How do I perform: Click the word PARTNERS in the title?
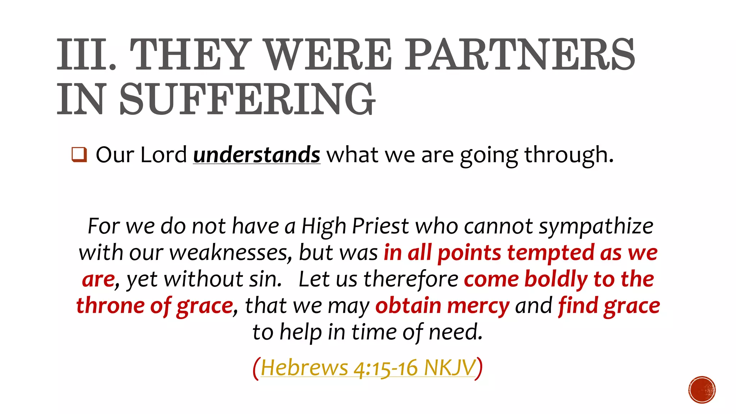520,55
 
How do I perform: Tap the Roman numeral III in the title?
86,55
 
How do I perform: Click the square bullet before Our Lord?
79,155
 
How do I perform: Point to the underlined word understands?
256,155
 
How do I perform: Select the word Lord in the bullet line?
164,155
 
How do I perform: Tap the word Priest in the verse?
380,226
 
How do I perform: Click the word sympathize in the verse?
596,227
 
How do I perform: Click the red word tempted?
551,253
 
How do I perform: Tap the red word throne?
110,305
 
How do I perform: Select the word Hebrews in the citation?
304,368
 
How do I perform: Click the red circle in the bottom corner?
702,390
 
